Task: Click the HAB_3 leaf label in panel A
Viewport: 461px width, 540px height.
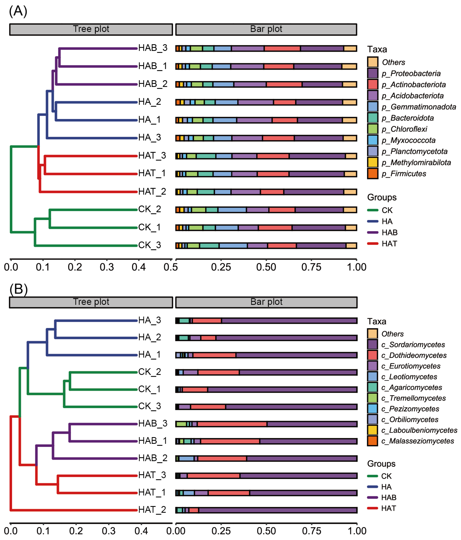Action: coord(153,48)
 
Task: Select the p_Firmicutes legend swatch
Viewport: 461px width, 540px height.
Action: coord(373,174)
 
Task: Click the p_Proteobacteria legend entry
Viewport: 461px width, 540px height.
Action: coord(411,74)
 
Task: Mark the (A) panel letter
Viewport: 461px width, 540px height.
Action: coord(18,11)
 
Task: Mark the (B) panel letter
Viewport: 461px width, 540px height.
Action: coord(18,289)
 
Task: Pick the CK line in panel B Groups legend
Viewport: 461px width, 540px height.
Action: coord(372,476)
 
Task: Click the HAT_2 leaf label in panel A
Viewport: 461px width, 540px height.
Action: coord(152,192)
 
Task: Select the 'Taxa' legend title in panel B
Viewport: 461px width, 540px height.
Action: coord(377,321)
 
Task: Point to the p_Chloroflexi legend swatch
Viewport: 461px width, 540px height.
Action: coord(373,129)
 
